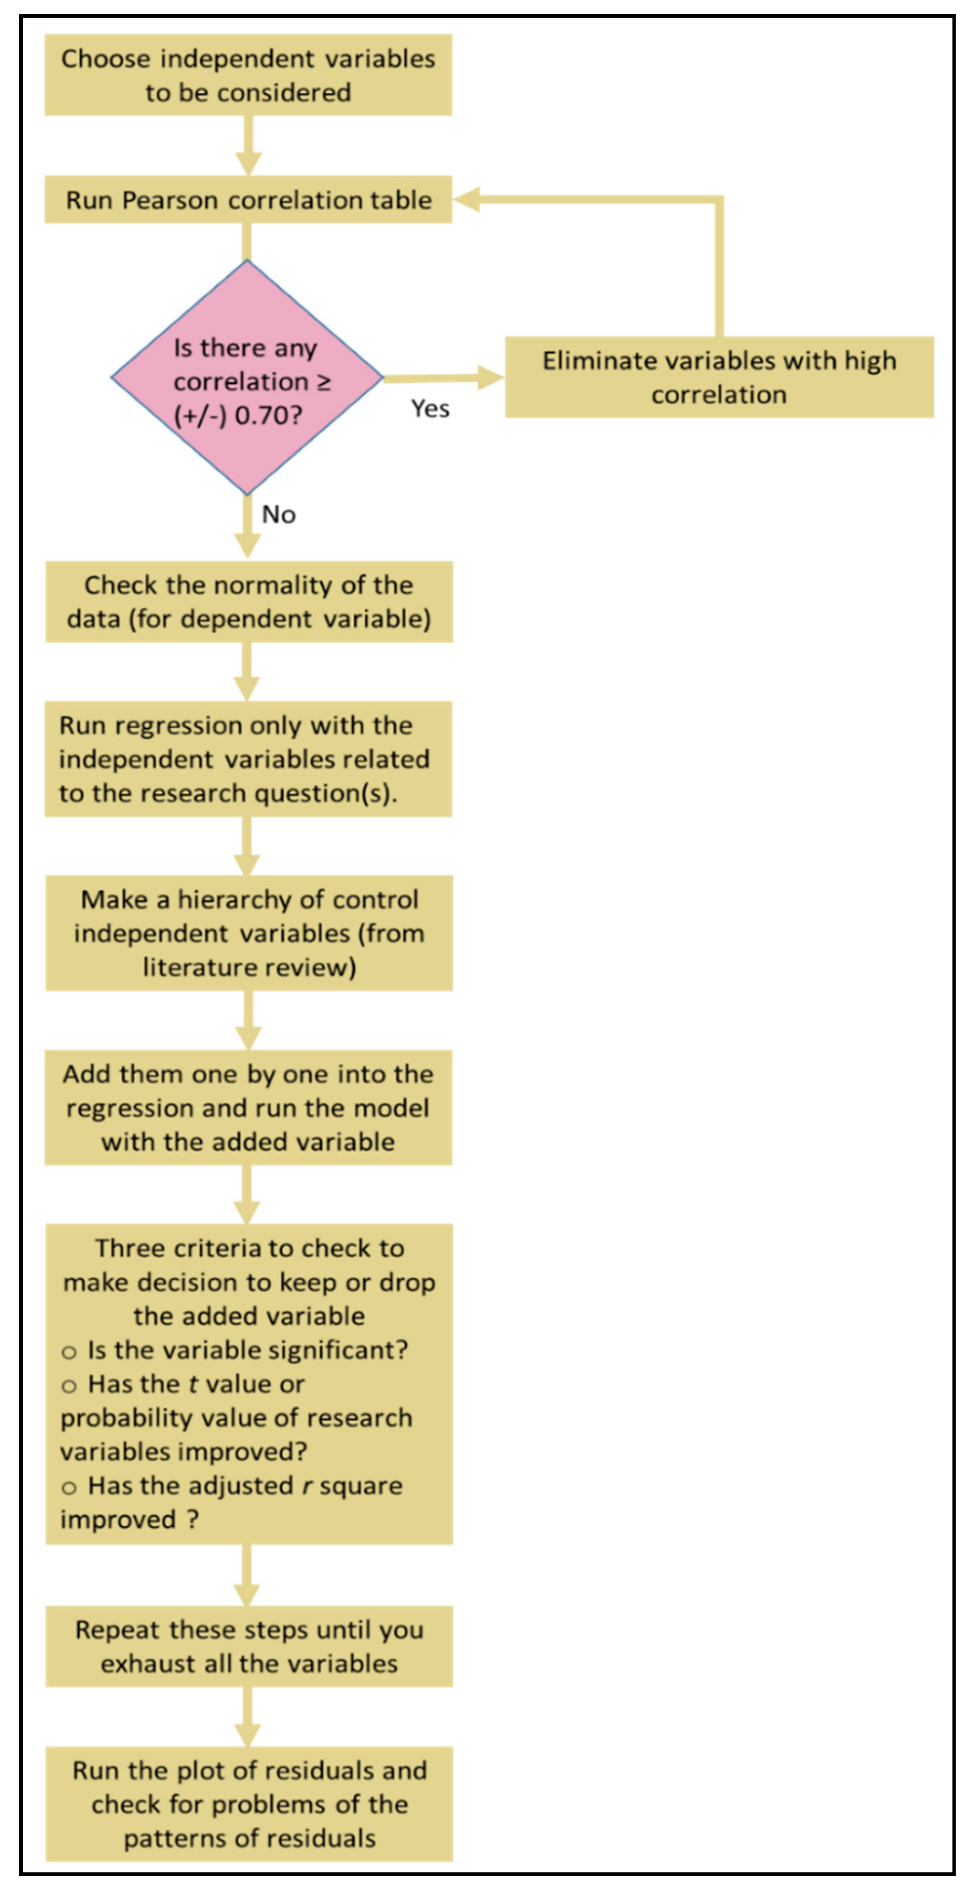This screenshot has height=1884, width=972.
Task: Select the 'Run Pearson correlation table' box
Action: [248, 199]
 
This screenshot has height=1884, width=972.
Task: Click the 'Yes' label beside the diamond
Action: [430, 408]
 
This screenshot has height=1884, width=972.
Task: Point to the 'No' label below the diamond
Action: [279, 514]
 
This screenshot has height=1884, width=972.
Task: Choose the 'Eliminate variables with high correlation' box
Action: [719, 377]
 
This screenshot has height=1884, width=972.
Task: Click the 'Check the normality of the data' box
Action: [249, 602]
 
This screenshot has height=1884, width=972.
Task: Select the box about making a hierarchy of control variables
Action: [249, 933]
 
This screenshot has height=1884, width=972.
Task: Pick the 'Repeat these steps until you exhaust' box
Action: [249, 1646]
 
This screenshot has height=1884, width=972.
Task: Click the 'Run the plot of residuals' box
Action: [249, 1804]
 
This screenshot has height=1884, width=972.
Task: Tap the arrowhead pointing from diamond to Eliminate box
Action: [490, 377]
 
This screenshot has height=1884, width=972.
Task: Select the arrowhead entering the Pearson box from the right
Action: [466, 199]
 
